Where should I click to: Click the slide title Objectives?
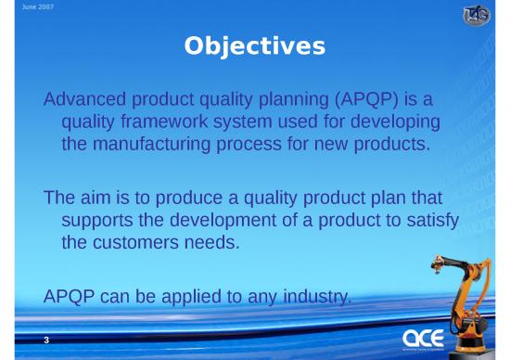click(254, 45)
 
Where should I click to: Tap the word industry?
click(320, 298)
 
